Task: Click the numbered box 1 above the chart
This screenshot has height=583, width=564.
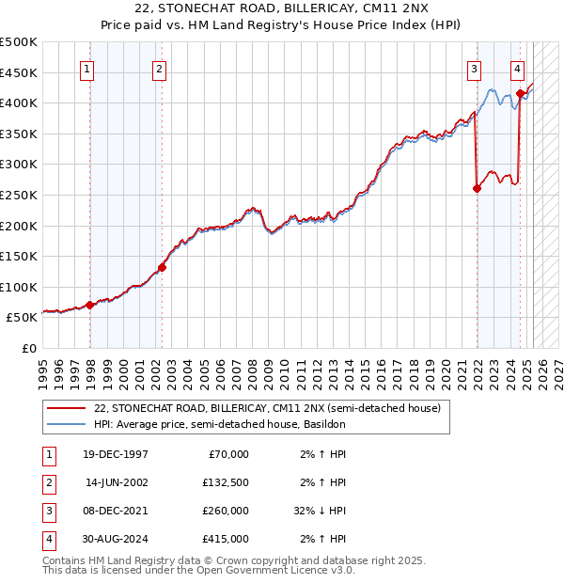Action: point(87,68)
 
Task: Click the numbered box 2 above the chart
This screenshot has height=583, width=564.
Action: point(160,68)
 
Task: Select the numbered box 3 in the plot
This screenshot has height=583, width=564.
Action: point(474,68)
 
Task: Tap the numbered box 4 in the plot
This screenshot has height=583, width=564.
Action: point(518,68)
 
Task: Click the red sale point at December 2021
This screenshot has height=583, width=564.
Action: point(477,188)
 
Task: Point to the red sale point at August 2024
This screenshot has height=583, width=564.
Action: point(520,93)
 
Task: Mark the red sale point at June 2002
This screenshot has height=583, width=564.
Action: point(162,267)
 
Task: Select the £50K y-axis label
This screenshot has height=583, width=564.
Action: point(23,318)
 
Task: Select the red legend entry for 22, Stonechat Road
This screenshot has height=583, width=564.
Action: point(267,408)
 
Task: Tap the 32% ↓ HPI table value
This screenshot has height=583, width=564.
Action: point(321,511)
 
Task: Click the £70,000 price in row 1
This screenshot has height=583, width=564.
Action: point(228,454)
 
